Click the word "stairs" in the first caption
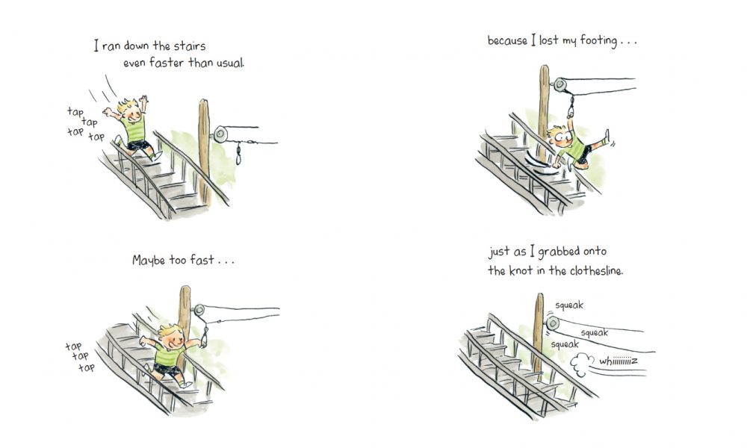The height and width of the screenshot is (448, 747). pos(190,46)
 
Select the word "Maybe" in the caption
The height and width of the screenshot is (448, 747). pos(148,261)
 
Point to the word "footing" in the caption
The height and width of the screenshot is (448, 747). pos(598,41)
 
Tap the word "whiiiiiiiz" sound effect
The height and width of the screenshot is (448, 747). pos(619,361)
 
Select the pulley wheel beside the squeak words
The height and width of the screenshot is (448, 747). pos(553,323)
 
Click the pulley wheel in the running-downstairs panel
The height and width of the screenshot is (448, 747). pos(220,134)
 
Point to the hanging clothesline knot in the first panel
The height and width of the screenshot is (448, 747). pos(239,154)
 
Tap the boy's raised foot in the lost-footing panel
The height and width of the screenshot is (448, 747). pos(606,137)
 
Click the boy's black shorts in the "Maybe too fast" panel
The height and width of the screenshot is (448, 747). pos(167,370)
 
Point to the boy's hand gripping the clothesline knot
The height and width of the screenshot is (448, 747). pos(570,114)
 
